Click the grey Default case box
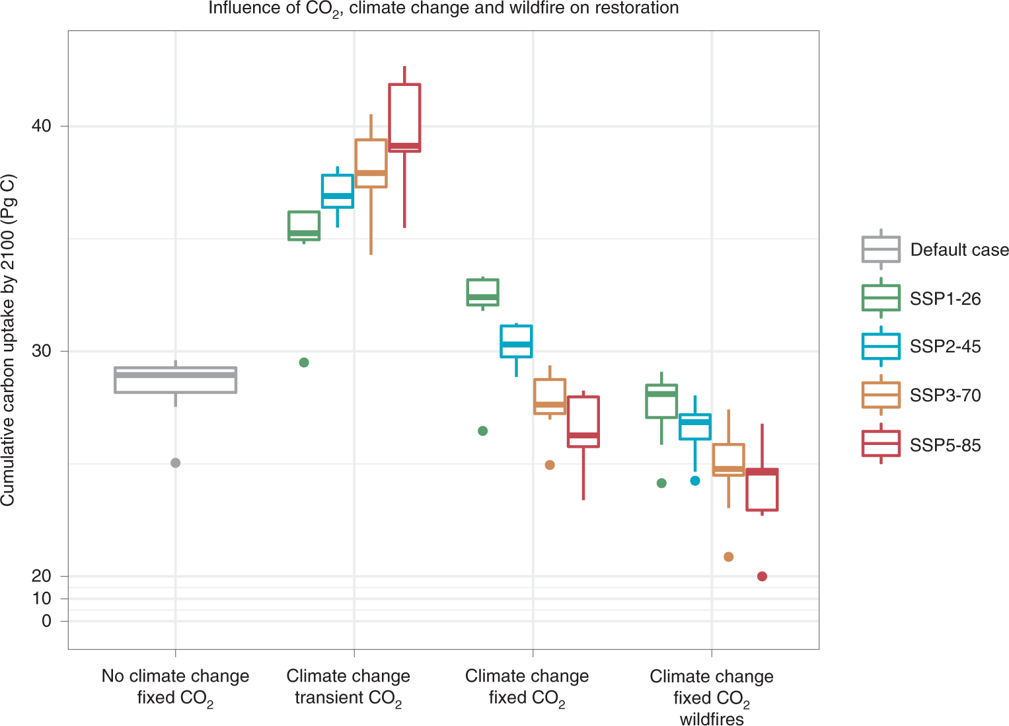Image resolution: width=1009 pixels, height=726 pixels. click(x=175, y=380)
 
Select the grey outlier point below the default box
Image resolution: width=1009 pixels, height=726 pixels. click(x=175, y=463)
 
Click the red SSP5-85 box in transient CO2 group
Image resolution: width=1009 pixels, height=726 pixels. click(x=404, y=118)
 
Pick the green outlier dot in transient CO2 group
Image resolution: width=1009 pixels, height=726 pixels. click(x=304, y=362)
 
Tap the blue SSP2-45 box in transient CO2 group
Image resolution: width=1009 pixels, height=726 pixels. click(x=337, y=191)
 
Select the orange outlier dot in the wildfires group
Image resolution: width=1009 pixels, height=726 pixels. click(x=728, y=557)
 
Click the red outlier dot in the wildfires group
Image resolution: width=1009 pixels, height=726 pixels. click(x=762, y=577)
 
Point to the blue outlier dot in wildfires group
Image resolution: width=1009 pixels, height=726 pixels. click(x=694, y=481)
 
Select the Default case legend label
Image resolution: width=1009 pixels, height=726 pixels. click(x=959, y=250)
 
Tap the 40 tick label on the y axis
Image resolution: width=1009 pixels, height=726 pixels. click(x=41, y=126)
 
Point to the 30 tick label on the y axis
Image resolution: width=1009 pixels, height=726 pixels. click(x=41, y=350)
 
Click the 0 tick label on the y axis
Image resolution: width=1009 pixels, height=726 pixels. click(x=46, y=621)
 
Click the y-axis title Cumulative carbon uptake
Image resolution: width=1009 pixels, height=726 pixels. click(x=8, y=341)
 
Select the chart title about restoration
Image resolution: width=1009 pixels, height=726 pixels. click(x=443, y=9)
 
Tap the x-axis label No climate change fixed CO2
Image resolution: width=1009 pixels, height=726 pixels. click(x=175, y=687)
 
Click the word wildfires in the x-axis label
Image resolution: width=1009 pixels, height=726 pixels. click(x=712, y=719)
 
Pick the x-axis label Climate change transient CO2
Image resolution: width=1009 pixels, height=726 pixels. click(x=348, y=687)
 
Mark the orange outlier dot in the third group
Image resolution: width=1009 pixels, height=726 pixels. click(x=549, y=465)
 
